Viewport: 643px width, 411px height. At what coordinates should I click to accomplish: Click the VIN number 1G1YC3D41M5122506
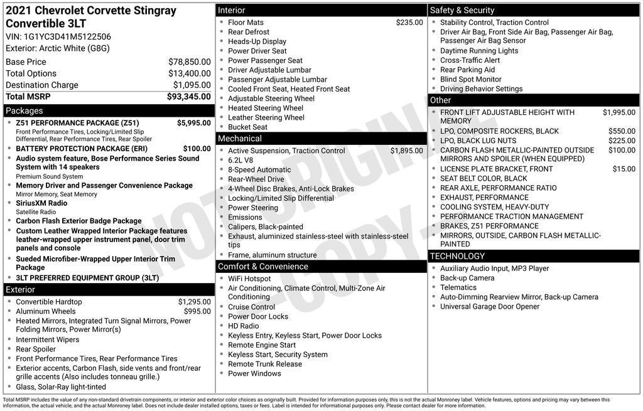[67, 36]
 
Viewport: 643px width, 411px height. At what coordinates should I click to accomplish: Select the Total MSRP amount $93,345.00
[188, 97]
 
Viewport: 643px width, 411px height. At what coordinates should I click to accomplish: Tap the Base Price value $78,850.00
[189, 62]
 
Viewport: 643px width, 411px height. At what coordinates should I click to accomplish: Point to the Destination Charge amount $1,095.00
[192, 85]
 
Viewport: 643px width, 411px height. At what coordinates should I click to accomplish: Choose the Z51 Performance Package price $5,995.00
[193, 123]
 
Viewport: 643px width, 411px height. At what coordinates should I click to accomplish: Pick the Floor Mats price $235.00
[409, 23]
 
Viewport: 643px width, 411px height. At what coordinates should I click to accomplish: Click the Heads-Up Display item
[257, 41]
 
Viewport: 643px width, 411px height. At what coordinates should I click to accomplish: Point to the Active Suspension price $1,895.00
[406, 151]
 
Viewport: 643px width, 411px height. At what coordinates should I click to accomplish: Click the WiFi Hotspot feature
[249, 279]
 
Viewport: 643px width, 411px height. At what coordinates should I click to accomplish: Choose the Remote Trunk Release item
[264, 364]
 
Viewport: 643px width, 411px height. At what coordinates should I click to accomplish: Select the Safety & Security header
[462, 10]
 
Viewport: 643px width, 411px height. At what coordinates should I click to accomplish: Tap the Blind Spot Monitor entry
[470, 80]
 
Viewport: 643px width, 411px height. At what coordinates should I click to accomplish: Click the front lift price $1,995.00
[619, 112]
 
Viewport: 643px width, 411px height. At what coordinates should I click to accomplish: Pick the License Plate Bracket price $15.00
[624, 169]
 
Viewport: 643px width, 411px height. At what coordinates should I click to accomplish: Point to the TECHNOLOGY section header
[457, 256]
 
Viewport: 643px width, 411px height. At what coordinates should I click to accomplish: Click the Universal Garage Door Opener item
[489, 306]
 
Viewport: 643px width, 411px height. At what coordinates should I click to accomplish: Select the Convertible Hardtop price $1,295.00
[194, 302]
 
